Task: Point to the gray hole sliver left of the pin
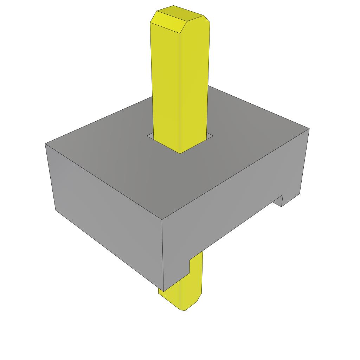point(151,136)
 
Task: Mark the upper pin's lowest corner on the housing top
point(180,154)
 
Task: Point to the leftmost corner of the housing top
point(45,144)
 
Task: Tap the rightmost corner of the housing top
point(309,129)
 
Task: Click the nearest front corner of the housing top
point(162,220)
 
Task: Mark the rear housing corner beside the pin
point(210,86)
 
